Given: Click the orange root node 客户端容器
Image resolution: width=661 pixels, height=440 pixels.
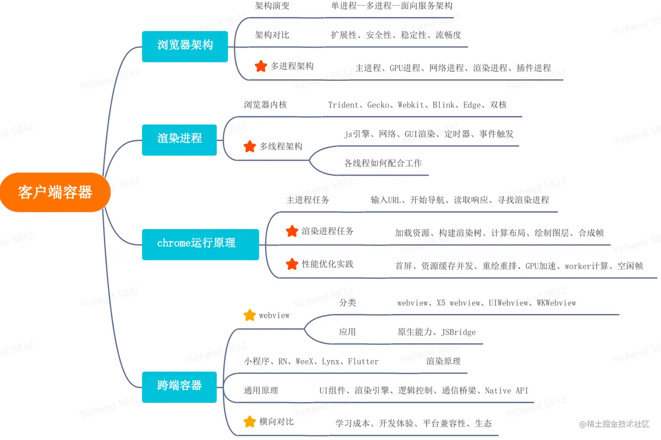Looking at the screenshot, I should click(55, 192).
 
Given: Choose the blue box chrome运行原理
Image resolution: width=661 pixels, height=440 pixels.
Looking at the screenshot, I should click(200, 244).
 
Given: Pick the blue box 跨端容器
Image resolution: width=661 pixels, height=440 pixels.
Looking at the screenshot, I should click(179, 387).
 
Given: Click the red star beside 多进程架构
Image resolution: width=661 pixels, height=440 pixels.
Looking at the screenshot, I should click(261, 66).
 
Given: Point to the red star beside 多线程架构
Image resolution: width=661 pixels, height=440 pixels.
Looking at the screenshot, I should click(250, 146).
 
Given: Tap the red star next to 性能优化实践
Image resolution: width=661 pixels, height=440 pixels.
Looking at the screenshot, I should click(292, 264).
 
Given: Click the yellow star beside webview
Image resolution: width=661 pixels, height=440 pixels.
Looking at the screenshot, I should click(250, 315).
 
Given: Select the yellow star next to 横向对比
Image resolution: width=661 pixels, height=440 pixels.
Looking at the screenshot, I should click(250, 422).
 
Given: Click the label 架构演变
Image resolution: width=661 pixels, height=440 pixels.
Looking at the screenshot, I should click(272, 6).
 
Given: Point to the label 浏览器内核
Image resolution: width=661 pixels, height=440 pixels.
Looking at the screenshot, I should click(265, 105).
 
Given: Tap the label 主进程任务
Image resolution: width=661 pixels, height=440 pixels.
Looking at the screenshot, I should click(308, 200).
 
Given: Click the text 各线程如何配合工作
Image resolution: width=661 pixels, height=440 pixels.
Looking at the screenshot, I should click(383, 163).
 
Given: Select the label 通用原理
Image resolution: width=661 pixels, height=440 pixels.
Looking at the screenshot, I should click(261, 391).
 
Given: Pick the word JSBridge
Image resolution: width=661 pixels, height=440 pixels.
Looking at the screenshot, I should click(459, 333).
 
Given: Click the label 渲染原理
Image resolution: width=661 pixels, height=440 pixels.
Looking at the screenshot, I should click(443, 361).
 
